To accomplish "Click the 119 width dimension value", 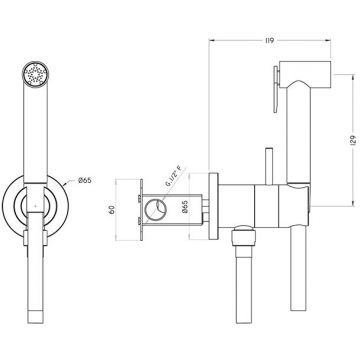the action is (x=270, y=41).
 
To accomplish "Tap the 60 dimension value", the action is (x=112, y=210).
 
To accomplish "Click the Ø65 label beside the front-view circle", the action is (x=85, y=180).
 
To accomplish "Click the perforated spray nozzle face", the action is (x=35, y=74).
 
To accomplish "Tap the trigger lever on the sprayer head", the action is (x=276, y=89).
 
